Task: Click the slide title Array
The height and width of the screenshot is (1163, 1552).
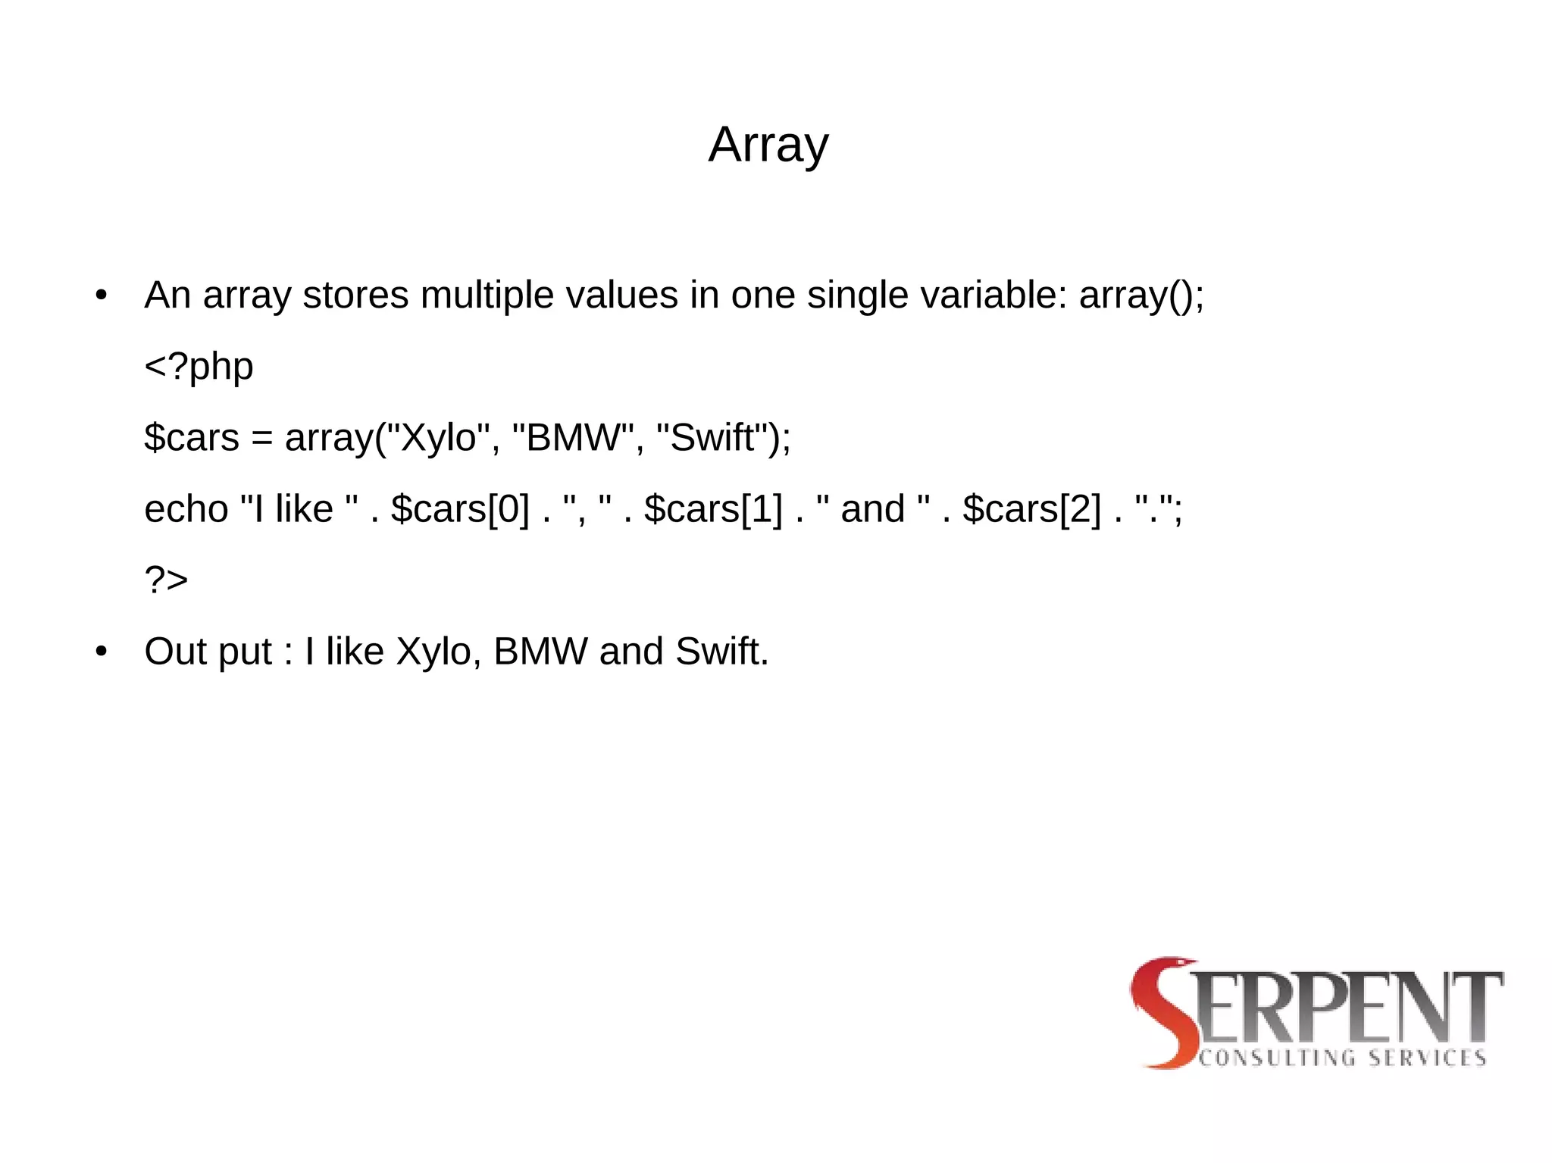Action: [x=768, y=144]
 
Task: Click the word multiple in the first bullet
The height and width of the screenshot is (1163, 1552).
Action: [x=487, y=295]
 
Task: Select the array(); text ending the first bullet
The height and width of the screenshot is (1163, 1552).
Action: [x=1141, y=295]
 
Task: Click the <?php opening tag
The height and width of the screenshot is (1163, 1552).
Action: [x=199, y=367]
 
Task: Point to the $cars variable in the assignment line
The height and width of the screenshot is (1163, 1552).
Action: [x=192, y=438]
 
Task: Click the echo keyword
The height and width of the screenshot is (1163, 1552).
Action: [x=186, y=509]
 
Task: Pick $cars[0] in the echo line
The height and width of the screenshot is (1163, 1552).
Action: [x=460, y=509]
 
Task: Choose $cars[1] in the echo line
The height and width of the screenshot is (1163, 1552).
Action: [x=713, y=509]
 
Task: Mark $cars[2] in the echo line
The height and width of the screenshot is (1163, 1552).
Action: [x=1031, y=509]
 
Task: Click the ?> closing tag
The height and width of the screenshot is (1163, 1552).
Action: [x=166, y=580]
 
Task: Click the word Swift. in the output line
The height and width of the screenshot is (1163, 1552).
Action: [x=721, y=652]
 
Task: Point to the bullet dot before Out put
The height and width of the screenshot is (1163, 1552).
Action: [x=102, y=652]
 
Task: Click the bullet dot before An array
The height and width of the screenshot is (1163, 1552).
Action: [x=102, y=295]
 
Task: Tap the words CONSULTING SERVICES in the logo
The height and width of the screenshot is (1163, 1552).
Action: [x=1342, y=1058]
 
